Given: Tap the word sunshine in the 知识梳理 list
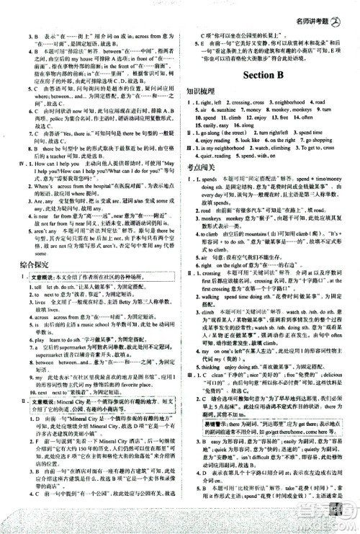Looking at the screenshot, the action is tap(225, 109).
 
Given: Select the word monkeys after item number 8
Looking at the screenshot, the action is tap(284, 109).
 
